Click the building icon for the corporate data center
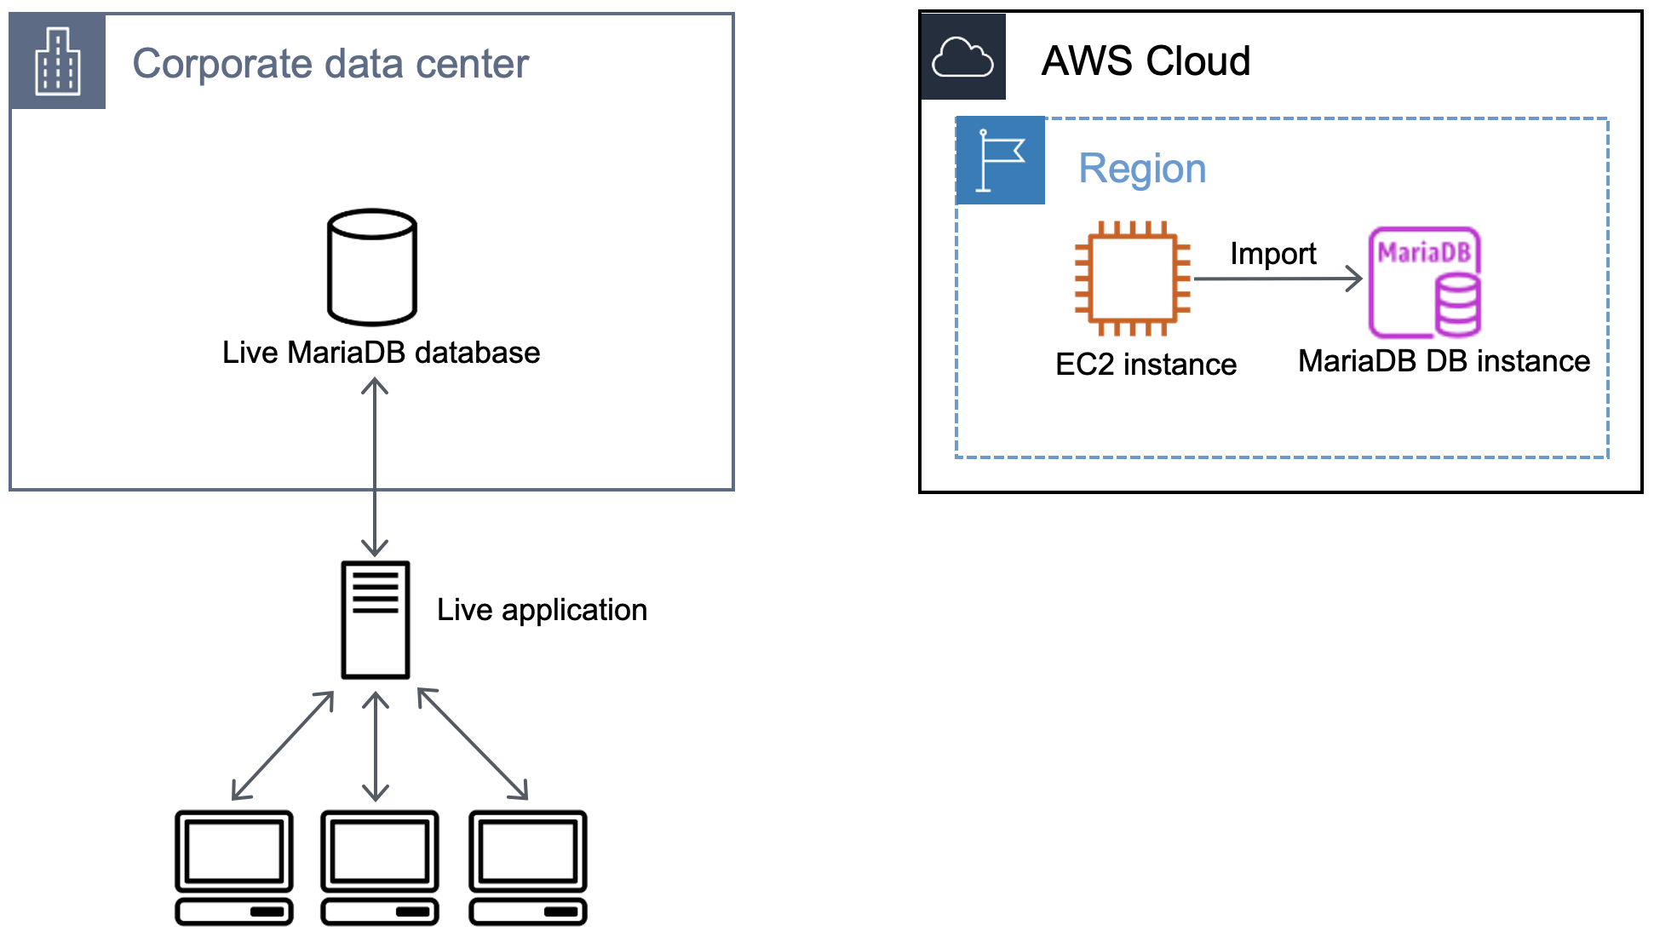click(57, 61)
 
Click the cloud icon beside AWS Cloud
click(962, 58)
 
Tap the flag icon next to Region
click(1000, 161)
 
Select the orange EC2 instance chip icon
click(1132, 279)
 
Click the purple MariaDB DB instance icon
click(1425, 282)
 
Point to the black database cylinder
click(372, 267)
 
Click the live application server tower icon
click(375, 619)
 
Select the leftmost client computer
click(234, 867)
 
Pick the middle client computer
click(380, 867)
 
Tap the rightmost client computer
click(528, 867)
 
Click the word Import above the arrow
click(1272, 254)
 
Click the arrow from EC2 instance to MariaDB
click(1277, 279)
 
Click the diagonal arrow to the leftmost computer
click(283, 745)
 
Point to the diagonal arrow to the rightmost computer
click(473, 744)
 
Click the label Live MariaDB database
click(381, 353)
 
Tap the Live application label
click(542, 610)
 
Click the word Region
click(1142, 169)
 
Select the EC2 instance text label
click(1146, 365)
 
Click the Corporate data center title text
click(330, 64)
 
